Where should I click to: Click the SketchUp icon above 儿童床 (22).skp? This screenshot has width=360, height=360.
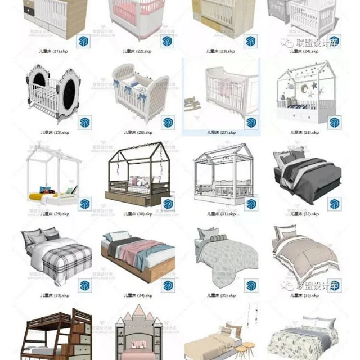tap(167, 41)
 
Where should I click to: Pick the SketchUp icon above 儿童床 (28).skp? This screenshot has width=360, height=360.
tap(334, 123)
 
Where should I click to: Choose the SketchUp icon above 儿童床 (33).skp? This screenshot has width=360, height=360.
tap(85, 285)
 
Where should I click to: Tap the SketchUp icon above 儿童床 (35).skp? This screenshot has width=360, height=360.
tap(250, 285)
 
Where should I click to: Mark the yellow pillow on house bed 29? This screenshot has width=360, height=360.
tap(37, 197)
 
